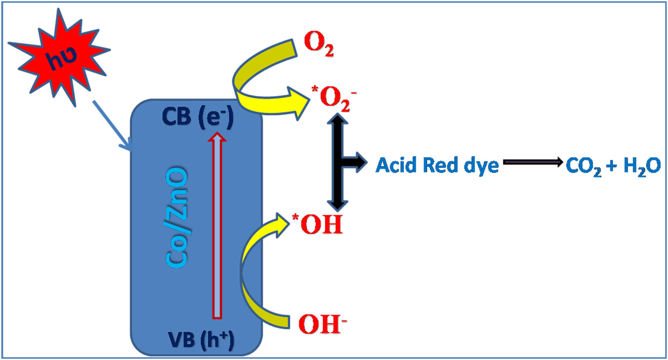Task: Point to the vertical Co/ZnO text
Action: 177,217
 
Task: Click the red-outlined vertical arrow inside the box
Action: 217,226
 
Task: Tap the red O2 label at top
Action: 318,43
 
